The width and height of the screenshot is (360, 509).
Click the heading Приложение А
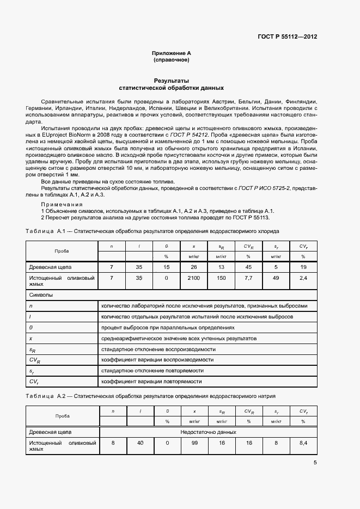[171, 53]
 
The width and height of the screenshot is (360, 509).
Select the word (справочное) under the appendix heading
[171, 60]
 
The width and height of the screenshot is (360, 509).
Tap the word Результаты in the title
[171, 81]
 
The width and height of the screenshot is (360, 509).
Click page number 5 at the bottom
[315, 463]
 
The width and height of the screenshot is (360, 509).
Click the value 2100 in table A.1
[194, 278]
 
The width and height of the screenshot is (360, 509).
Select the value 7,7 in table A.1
[248, 278]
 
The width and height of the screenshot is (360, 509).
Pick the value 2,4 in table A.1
[303, 278]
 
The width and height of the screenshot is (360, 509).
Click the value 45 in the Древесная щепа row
[248, 267]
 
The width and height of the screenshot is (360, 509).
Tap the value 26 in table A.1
[194, 267]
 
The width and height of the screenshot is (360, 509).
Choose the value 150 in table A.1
[221, 278]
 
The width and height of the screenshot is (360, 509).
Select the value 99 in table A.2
[194, 443]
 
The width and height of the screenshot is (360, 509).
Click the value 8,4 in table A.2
[303, 443]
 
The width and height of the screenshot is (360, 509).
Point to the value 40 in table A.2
[140, 443]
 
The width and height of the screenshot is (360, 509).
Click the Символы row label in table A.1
[41, 295]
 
